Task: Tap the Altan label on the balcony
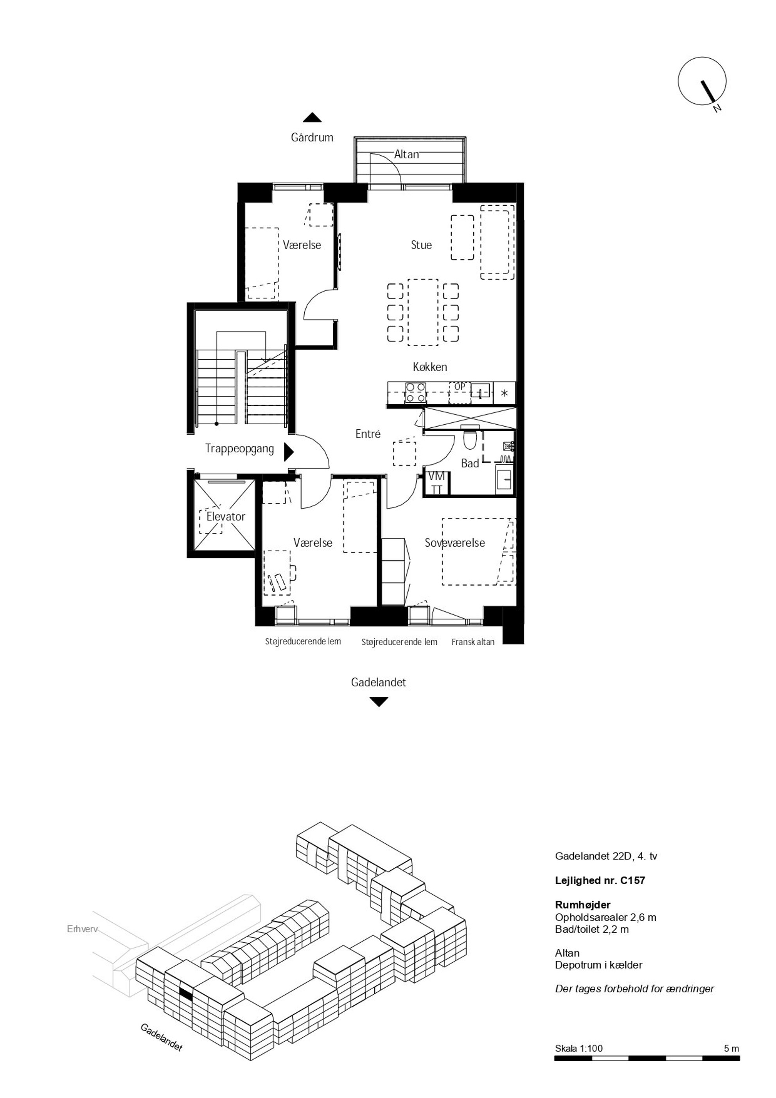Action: (x=407, y=154)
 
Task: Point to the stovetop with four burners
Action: (x=415, y=392)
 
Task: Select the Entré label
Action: (x=368, y=434)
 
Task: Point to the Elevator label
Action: (x=226, y=517)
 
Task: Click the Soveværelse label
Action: (x=455, y=543)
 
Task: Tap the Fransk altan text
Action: (x=473, y=642)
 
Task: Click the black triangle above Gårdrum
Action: (x=312, y=117)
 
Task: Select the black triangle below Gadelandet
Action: (x=379, y=702)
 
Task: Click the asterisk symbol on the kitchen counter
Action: (x=504, y=394)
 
